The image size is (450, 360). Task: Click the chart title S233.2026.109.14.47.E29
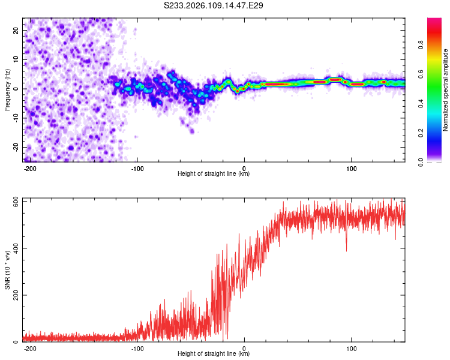click(x=214, y=6)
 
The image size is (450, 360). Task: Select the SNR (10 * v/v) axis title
click(x=7, y=269)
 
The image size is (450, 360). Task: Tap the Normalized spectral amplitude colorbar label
click(x=445, y=90)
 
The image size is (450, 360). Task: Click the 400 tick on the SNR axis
click(x=14, y=248)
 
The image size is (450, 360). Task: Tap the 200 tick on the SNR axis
click(x=14, y=295)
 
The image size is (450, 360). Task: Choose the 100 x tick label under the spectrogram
click(x=352, y=168)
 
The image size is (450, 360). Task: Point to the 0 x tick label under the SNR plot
click(x=244, y=348)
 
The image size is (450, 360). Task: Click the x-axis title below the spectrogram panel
click(x=214, y=174)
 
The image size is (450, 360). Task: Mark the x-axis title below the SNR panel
click(x=214, y=354)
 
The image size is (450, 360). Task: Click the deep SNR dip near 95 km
click(x=347, y=250)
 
